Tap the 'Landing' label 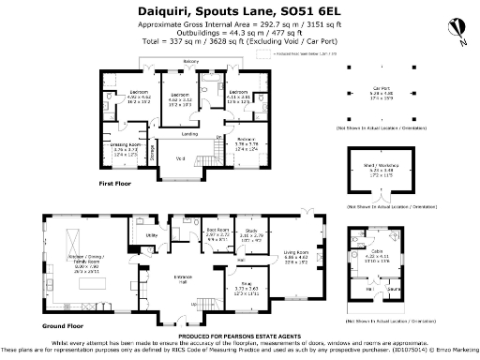189,134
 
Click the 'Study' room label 251,230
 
